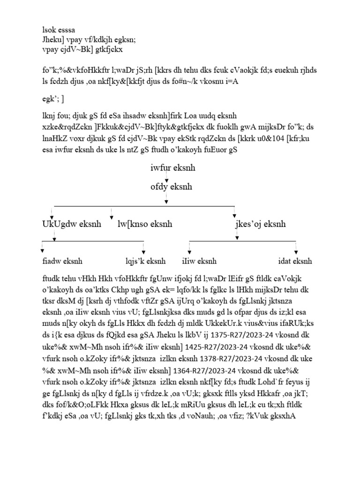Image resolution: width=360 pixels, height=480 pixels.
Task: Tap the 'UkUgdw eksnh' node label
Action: point(71,224)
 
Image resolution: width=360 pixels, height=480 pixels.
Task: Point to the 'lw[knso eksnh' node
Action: point(145,224)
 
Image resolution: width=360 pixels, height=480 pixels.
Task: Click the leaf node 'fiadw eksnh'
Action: point(62,261)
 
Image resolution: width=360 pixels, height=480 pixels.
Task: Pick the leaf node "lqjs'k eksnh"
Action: point(143,261)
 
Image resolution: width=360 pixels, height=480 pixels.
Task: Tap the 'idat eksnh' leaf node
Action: point(295,261)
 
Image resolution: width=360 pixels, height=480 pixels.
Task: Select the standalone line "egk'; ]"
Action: point(53,99)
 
